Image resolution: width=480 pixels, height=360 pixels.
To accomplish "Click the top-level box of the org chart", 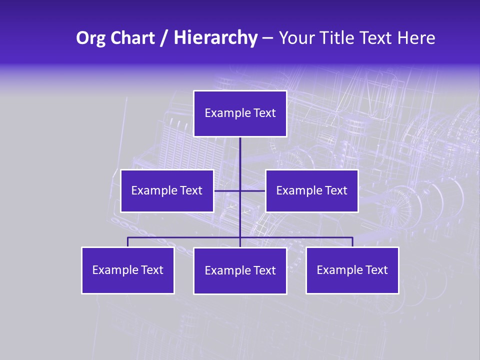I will [240, 113].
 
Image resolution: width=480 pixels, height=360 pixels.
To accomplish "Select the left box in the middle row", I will [167, 190].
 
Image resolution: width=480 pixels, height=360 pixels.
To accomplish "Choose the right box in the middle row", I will [311, 190].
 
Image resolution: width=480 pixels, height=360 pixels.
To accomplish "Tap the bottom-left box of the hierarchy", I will [127, 270].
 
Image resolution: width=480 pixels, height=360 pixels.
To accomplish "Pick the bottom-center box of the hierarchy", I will [240, 270].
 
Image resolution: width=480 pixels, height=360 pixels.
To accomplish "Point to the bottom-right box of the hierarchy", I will [352, 270].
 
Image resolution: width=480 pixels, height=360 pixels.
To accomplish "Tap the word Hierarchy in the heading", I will [215, 38].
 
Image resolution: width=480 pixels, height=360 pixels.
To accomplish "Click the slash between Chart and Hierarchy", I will [164, 38].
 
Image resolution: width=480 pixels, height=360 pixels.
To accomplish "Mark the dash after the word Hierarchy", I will [267, 38].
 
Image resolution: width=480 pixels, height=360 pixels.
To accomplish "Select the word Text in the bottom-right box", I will [377, 270].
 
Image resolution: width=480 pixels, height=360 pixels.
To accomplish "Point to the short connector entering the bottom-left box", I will [127, 242].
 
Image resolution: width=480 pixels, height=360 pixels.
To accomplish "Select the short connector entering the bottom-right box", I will [352, 242].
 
